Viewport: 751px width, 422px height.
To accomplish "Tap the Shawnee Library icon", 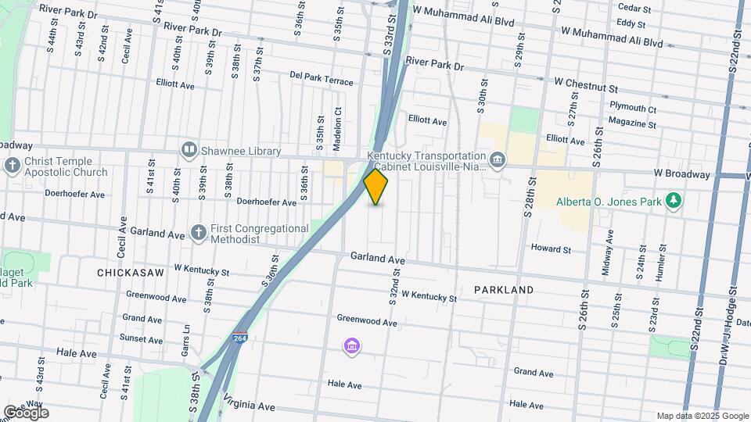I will point(189,149).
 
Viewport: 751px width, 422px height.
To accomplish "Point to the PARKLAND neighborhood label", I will point(504,290).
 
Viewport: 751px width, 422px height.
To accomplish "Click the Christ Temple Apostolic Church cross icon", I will point(12,166).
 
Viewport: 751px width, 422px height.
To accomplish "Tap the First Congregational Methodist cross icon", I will point(199,233).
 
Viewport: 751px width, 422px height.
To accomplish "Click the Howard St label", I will point(551,249).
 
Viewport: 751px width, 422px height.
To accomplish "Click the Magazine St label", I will point(632,123).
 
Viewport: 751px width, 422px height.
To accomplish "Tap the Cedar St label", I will point(634,9).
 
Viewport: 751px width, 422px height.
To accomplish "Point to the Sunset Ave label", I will point(141,339).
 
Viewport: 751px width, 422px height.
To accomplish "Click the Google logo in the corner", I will point(26,412).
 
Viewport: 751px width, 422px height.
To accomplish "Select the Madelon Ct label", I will point(338,123).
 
